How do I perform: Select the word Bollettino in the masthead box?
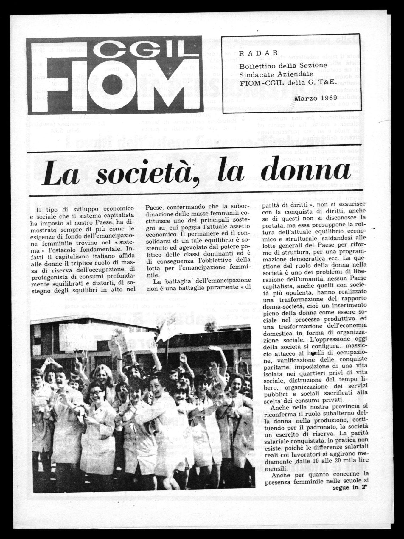click(x=258, y=65)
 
